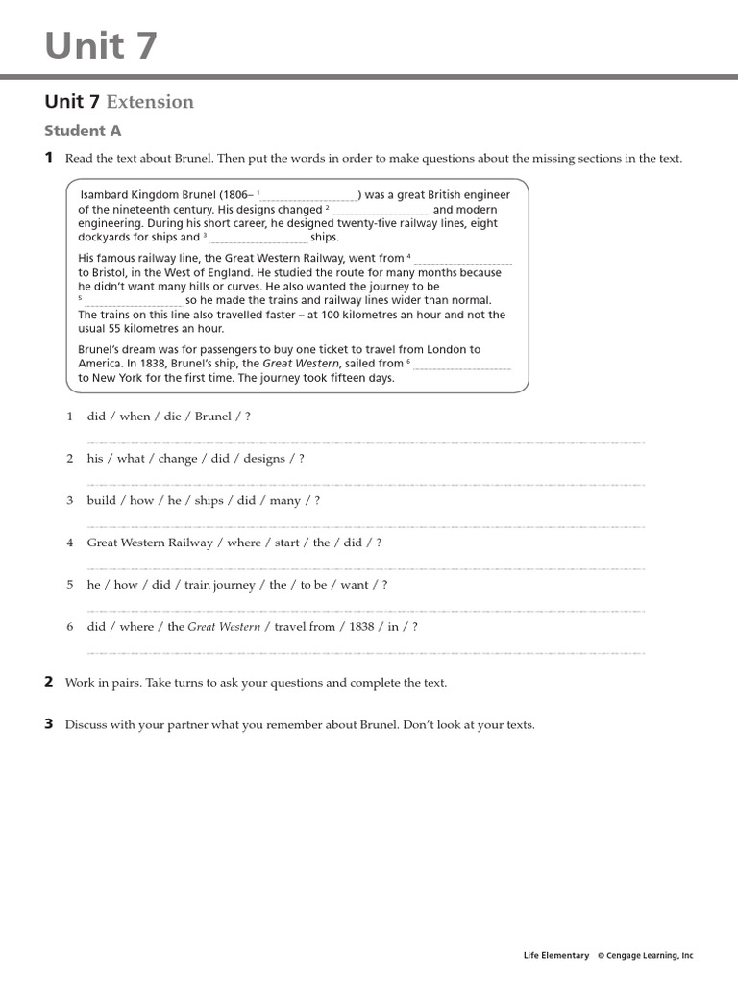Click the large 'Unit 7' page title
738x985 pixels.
tap(101, 44)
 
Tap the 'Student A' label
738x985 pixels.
tap(83, 131)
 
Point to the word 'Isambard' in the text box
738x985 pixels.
tap(106, 195)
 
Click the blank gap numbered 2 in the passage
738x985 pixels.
tap(381, 211)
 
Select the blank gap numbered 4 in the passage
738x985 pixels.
tap(462, 260)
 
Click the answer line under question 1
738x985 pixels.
tap(365, 442)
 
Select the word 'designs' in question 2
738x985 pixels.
tap(264, 459)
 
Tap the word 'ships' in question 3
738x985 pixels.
tap(209, 501)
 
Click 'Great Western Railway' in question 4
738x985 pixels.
tap(150, 543)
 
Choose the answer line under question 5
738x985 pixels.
tap(365, 611)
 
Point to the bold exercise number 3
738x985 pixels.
tap(49, 724)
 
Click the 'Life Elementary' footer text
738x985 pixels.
tap(556, 956)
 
